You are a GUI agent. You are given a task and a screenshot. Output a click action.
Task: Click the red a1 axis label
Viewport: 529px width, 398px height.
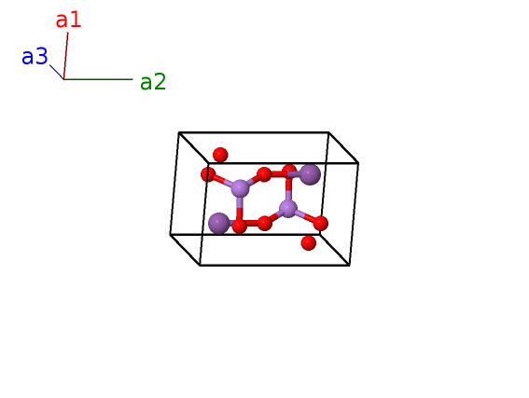pos(68,20)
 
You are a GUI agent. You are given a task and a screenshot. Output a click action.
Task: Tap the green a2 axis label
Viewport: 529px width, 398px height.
pos(153,82)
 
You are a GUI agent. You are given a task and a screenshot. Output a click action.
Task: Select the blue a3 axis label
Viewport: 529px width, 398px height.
pos(35,56)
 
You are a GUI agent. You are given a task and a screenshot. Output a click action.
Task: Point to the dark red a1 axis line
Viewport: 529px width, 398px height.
pos(66,56)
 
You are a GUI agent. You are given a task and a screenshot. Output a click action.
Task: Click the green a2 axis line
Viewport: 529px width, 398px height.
pos(98,79)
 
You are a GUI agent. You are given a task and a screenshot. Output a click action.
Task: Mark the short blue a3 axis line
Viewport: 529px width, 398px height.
pos(57,72)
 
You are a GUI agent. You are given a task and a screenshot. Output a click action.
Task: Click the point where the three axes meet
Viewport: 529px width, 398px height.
pos(63,79)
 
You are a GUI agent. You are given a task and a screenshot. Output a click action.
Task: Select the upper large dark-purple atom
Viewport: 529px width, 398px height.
pos(310,174)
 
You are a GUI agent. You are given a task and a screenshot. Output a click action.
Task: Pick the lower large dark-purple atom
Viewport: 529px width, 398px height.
pos(219,224)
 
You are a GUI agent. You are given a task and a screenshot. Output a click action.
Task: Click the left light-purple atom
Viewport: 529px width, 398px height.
pos(240,188)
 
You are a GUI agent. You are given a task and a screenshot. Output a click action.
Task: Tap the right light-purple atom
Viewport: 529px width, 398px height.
pos(288,209)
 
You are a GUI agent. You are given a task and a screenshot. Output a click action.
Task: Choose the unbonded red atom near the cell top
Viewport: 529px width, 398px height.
pos(220,155)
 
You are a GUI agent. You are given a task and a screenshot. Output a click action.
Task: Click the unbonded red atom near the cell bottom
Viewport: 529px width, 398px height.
pos(308,242)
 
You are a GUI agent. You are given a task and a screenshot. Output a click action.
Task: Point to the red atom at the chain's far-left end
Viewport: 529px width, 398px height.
pos(208,174)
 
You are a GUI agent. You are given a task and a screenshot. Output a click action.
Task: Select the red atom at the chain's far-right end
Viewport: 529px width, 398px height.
pos(321,223)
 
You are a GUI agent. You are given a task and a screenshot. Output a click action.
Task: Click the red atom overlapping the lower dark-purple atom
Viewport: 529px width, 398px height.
pos(240,226)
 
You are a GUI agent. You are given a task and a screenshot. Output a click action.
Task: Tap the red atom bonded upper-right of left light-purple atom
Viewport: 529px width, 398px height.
pos(264,174)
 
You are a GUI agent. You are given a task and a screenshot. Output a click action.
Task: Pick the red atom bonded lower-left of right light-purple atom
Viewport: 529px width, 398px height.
pos(265,223)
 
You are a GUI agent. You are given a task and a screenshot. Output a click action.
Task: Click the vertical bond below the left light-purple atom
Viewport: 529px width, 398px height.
pos(240,208)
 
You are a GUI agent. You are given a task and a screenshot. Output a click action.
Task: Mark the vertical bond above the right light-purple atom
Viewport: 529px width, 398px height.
pos(288,188)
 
